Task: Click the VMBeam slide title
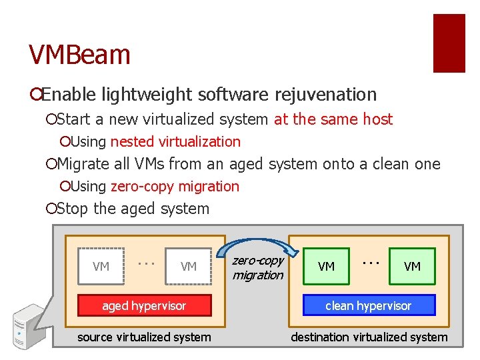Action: [x=79, y=55]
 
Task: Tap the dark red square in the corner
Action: [x=449, y=43]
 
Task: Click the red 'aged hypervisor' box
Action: [x=144, y=305]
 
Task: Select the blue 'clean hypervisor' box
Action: [x=368, y=305]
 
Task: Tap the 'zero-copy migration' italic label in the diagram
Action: [x=257, y=268]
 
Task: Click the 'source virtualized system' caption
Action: [x=144, y=337]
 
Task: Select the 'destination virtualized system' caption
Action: [x=369, y=337]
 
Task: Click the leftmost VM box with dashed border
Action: [x=101, y=267]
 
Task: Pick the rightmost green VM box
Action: [x=412, y=267]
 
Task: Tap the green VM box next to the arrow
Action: [x=326, y=267]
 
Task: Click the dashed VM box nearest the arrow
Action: [x=189, y=267]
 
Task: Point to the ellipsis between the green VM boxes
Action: [x=369, y=261]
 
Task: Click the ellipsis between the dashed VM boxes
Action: [x=145, y=261]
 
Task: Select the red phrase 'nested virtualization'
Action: [x=175, y=141]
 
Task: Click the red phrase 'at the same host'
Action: [x=333, y=119]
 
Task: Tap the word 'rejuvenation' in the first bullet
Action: [x=330, y=95]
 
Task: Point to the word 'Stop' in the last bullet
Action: [x=73, y=209]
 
